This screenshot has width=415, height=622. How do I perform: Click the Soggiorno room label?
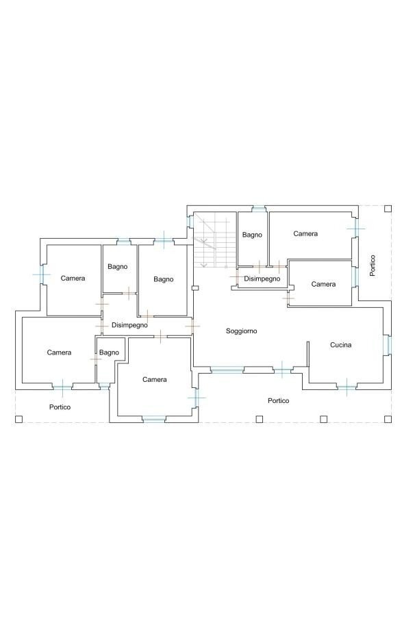pyautogui.click(x=242, y=331)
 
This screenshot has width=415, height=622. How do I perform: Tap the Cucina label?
pyautogui.click(x=340, y=345)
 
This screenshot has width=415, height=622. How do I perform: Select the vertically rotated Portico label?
pyautogui.click(x=372, y=265)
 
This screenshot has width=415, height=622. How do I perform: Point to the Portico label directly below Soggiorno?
pyautogui.click(x=278, y=401)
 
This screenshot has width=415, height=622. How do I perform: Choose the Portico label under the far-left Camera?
pyautogui.click(x=60, y=406)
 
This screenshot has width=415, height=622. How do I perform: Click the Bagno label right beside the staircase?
pyautogui.click(x=251, y=235)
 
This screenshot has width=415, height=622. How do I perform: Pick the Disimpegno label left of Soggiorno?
pyautogui.click(x=129, y=325)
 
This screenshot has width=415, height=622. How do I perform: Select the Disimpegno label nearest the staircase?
pyautogui.click(x=262, y=278)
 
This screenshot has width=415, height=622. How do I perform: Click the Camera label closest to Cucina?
pyautogui.click(x=323, y=284)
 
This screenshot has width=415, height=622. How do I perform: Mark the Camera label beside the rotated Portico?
pyautogui.click(x=305, y=234)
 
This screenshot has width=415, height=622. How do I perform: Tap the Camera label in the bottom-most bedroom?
pyautogui.click(x=154, y=379)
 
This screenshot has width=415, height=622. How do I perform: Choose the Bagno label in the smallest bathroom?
pyautogui.click(x=109, y=352)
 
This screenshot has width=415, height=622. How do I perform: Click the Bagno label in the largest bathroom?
pyautogui.click(x=164, y=279)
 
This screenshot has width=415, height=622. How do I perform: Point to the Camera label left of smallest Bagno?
pyautogui.click(x=59, y=352)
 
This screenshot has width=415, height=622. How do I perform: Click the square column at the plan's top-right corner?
pyautogui.click(x=387, y=208)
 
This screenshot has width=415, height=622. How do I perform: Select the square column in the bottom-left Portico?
pyautogui.click(x=19, y=419)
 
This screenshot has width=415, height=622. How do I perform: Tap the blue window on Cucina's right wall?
pyautogui.click(x=388, y=344)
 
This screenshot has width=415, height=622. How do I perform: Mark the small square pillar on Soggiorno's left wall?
pyautogui.click(x=194, y=288)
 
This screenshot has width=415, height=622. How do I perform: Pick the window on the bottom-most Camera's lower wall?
pyautogui.click(x=154, y=418)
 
